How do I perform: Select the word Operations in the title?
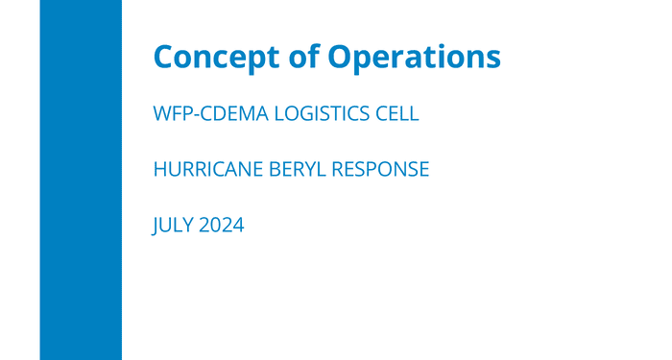point(415,56)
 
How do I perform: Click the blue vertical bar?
point(81,180)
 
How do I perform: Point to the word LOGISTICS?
point(325,113)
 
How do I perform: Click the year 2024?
point(222,227)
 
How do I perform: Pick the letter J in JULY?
point(156,227)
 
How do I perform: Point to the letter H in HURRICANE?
point(160,170)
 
